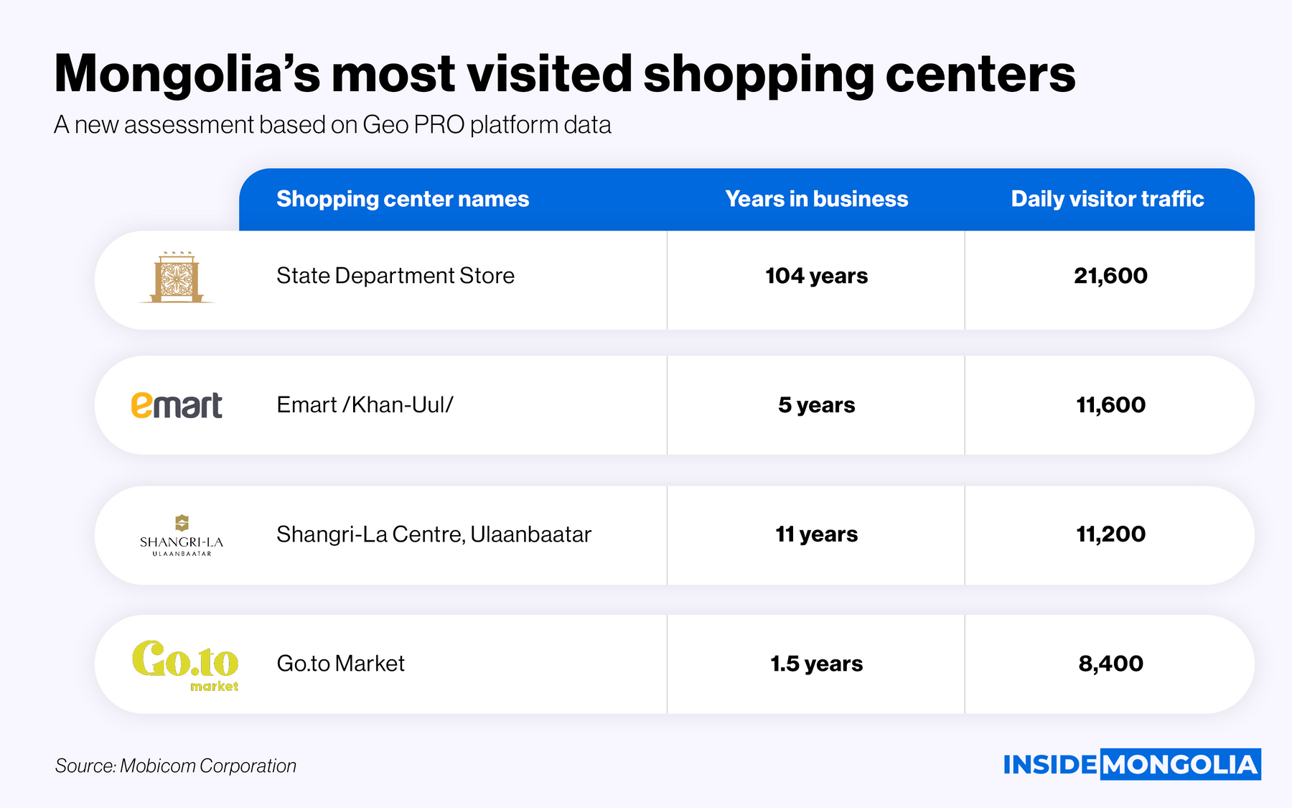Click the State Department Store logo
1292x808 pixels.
click(x=177, y=278)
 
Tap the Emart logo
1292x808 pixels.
click(x=177, y=406)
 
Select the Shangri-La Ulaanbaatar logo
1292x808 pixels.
click(x=182, y=536)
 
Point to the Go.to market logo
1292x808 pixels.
click(x=185, y=664)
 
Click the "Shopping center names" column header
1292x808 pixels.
click(x=403, y=199)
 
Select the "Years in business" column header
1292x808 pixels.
click(x=816, y=199)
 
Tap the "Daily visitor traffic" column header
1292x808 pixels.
click(x=1107, y=199)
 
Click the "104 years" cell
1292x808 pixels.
click(x=816, y=276)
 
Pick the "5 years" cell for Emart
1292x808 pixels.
click(x=816, y=405)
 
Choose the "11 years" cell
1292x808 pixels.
click(x=816, y=534)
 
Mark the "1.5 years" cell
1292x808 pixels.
click(x=816, y=664)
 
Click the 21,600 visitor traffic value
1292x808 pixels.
click(x=1110, y=276)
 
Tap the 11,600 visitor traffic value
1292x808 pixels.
click(x=1110, y=405)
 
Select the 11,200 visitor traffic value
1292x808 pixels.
click(x=1110, y=534)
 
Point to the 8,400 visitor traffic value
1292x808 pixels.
click(x=1110, y=664)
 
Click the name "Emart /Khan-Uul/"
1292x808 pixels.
click(x=365, y=405)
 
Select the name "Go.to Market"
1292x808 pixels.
click(x=340, y=664)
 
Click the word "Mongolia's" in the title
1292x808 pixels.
click(x=187, y=74)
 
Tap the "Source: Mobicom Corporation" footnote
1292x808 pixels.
click(x=176, y=766)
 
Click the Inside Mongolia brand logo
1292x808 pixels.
click(x=1131, y=765)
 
